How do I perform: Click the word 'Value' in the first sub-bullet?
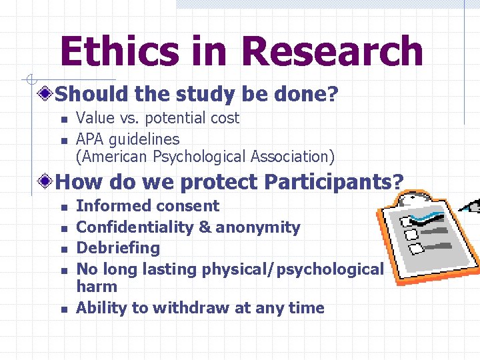(95, 118)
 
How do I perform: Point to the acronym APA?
(91, 139)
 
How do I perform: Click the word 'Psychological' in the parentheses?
(193, 157)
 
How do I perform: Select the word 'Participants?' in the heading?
(334, 181)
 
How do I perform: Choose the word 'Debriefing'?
(118, 248)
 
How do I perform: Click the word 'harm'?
(97, 287)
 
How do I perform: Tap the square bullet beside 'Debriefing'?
(63, 249)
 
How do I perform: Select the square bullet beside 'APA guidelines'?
(63, 140)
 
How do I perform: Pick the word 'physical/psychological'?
(297, 269)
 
